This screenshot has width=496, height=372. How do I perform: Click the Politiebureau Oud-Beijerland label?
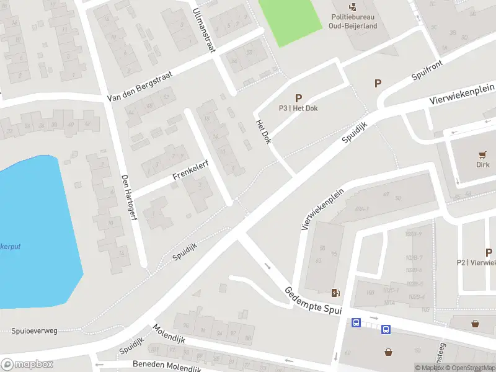(353, 22)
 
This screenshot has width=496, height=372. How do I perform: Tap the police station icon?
(353, 7)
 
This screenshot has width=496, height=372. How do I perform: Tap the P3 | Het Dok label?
(299, 108)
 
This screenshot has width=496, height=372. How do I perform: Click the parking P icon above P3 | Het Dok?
(299, 97)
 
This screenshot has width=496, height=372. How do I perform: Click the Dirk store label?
(482, 164)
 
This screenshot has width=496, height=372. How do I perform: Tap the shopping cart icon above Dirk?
(482, 154)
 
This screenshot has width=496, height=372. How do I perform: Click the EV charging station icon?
(336, 293)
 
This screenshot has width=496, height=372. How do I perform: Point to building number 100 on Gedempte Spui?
(370, 292)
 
